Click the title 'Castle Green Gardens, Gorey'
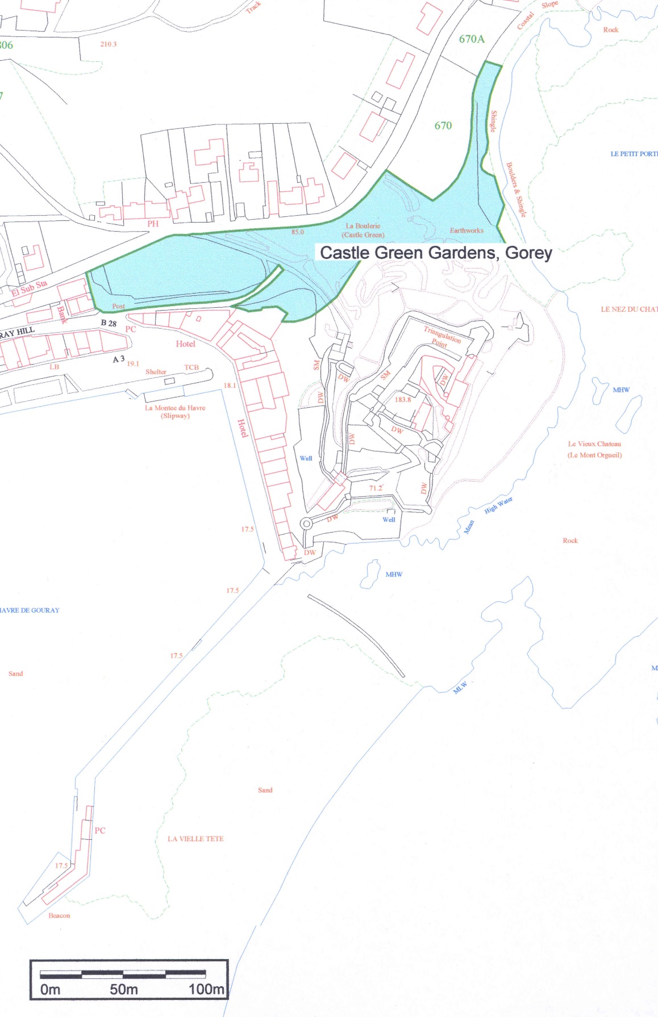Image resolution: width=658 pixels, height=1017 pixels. [x=436, y=253]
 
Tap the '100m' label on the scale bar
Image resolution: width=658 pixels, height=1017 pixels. [x=206, y=989]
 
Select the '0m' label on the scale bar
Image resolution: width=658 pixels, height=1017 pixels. [x=50, y=990]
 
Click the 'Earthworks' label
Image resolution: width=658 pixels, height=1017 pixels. [x=467, y=231]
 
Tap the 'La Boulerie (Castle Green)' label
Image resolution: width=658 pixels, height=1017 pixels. [x=363, y=230]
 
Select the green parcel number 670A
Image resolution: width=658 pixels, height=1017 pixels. [x=472, y=39]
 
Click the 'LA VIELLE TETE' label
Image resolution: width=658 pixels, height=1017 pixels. [x=195, y=839]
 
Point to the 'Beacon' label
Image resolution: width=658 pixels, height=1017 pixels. [x=59, y=915]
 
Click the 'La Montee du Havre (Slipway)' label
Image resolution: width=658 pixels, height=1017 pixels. [x=175, y=412]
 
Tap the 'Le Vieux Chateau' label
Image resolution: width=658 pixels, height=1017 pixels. [x=594, y=444]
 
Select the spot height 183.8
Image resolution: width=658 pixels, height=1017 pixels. [x=402, y=399]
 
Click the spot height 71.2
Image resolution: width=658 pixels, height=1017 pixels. [x=376, y=488]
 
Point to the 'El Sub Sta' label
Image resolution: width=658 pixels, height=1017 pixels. [x=30, y=288]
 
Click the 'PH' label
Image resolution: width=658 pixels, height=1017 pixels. [x=153, y=224]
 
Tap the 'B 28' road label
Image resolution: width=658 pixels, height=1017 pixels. [x=109, y=323]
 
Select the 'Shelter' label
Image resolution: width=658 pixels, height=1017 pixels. [x=156, y=372]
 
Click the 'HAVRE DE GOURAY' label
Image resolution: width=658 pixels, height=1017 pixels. [x=30, y=610]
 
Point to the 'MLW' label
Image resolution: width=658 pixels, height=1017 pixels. [x=460, y=688]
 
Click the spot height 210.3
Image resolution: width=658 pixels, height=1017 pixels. [x=108, y=44]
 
